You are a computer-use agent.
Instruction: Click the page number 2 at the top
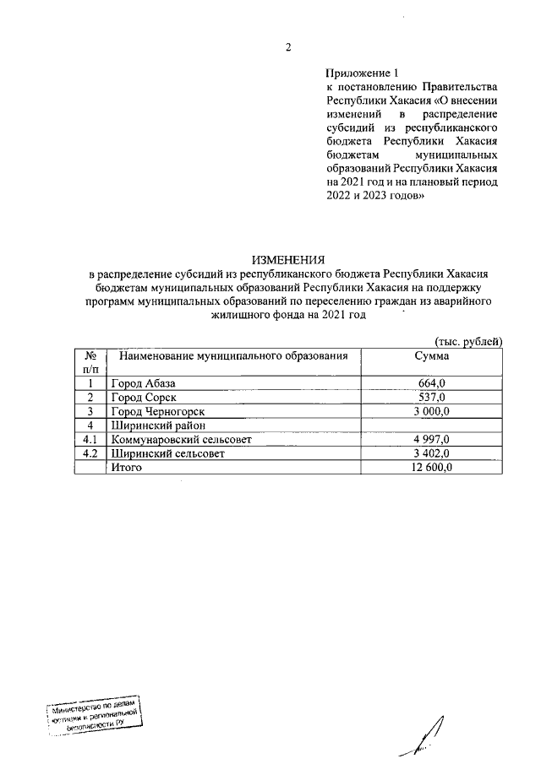coord(287,48)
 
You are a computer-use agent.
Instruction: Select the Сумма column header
coord(431,356)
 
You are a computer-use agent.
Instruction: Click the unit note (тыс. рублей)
coord(469,341)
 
